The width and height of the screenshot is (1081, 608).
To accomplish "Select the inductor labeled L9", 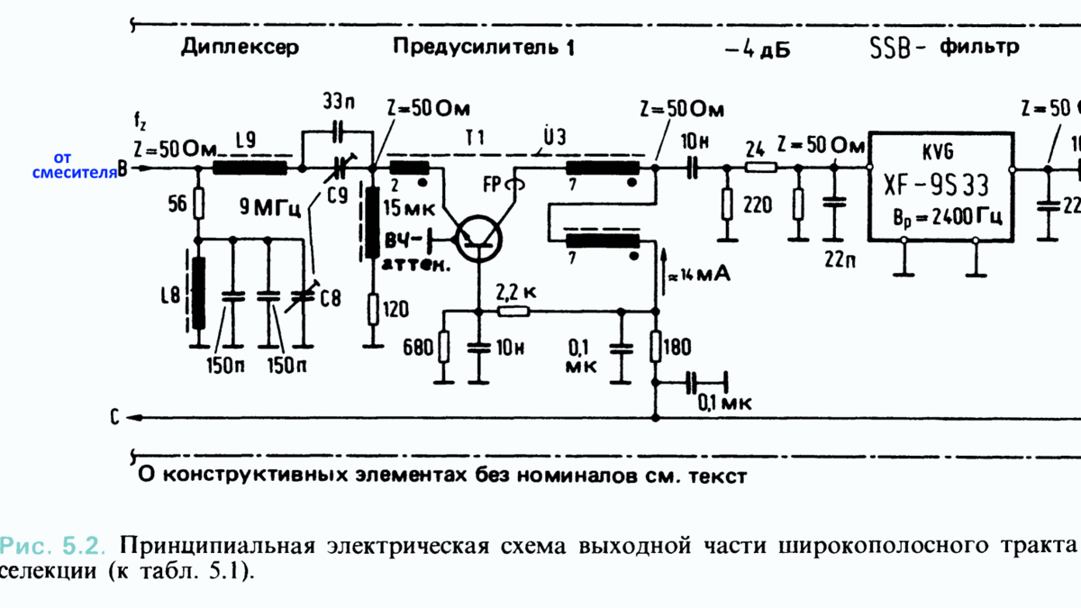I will click(x=250, y=168).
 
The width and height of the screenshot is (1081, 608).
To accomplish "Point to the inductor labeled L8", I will click(x=198, y=294).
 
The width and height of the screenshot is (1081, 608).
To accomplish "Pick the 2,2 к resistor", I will click(x=514, y=311).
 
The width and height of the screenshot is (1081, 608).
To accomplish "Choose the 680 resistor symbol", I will click(x=443, y=347).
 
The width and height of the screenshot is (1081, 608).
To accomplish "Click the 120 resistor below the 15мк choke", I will click(x=372, y=311).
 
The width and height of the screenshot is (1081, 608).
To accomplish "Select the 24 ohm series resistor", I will click(x=761, y=168).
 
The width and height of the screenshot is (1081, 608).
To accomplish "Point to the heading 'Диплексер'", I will click(x=239, y=47).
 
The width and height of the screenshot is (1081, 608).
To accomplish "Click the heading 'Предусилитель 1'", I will click(x=483, y=47).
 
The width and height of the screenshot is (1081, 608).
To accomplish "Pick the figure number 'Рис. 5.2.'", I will click(x=54, y=546).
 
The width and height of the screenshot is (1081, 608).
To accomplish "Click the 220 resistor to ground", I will click(x=725, y=205).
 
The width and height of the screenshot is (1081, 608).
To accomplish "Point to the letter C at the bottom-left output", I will click(x=114, y=418).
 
